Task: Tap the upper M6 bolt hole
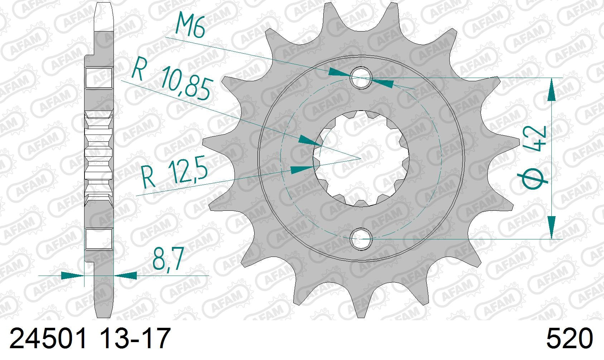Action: (x=362, y=78)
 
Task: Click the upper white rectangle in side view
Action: (x=99, y=78)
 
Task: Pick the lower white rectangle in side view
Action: (x=99, y=239)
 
